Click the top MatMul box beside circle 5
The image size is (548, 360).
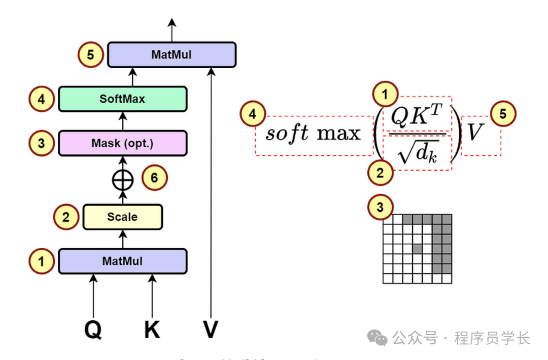(172, 54)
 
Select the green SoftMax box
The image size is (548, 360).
(122, 99)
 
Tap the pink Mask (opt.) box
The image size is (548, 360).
(122, 143)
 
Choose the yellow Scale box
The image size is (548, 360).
(122, 217)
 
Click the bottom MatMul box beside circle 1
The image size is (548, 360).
(122, 261)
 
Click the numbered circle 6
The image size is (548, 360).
(154, 178)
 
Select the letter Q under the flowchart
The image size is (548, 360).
(93, 330)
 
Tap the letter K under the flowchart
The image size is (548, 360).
(152, 330)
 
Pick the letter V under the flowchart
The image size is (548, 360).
(211, 330)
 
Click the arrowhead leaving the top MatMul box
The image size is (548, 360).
(172, 22)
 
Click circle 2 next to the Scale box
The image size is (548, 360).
(66, 217)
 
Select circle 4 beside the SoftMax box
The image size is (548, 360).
(42, 99)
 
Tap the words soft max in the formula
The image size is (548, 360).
(313, 133)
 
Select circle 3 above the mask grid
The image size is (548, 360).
(380, 207)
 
